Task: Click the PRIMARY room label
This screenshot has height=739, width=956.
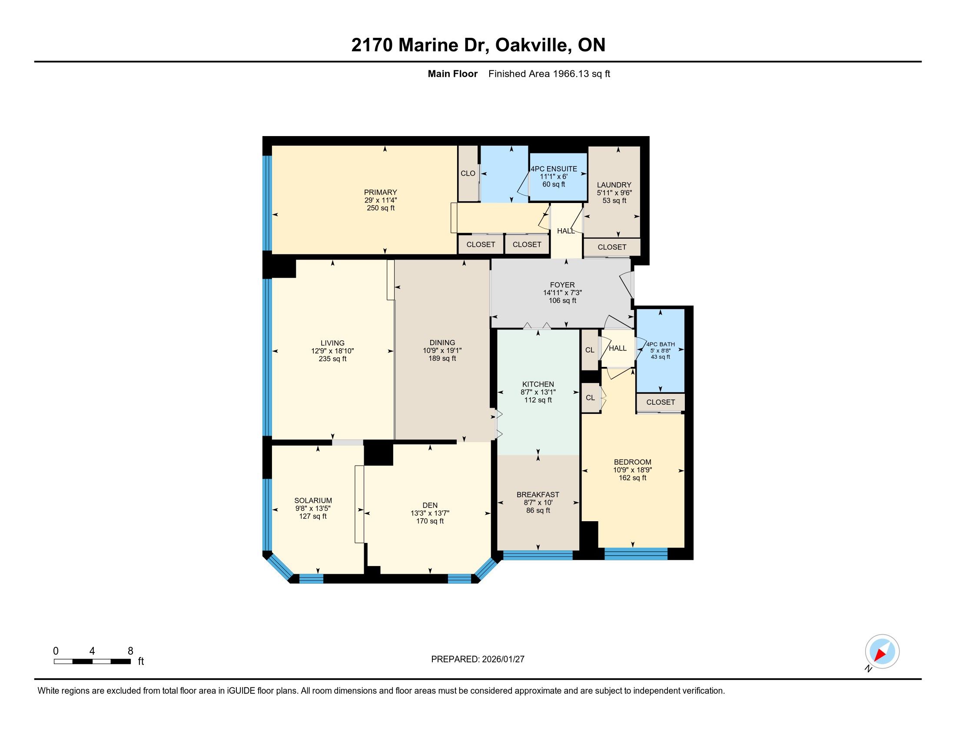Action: pyautogui.click(x=380, y=192)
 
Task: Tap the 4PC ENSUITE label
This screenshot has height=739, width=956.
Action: pyautogui.click(x=554, y=169)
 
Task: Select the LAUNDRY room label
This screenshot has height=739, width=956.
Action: pyautogui.click(x=614, y=185)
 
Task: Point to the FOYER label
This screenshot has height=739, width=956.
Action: pyautogui.click(x=562, y=285)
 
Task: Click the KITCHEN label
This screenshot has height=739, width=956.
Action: pyautogui.click(x=538, y=384)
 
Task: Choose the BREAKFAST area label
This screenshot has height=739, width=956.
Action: pyautogui.click(x=538, y=495)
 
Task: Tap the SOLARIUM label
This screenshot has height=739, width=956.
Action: pyautogui.click(x=313, y=500)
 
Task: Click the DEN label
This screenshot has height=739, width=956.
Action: pyautogui.click(x=430, y=505)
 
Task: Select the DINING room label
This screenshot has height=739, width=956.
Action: pyautogui.click(x=442, y=343)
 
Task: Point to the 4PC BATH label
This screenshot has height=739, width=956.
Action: pyautogui.click(x=661, y=344)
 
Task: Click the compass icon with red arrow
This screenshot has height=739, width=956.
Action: pyautogui.click(x=882, y=652)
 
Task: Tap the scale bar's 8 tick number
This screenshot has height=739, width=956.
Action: pyautogui.click(x=130, y=651)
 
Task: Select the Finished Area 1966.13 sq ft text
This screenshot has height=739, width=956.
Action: pyautogui.click(x=549, y=74)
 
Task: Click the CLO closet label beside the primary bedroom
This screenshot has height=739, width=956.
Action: pyautogui.click(x=468, y=173)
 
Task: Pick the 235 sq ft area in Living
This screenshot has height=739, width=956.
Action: pyautogui.click(x=333, y=359)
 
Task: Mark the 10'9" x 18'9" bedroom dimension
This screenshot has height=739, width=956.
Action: pyautogui.click(x=633, y=470)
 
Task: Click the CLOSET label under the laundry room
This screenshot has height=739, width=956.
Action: pyautogui.click(x=612, y=247)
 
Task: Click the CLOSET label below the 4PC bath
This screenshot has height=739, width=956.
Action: pyautogui.click(x=661, y=403)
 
